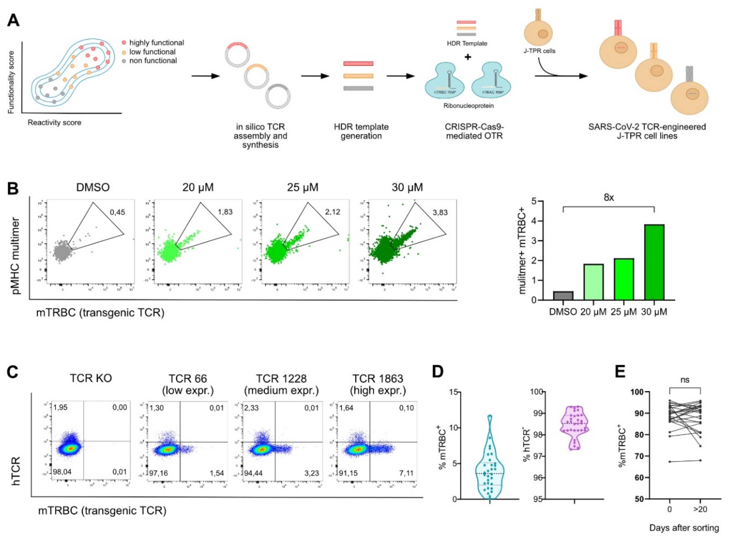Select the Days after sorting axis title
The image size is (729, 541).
click(x=684, y=528)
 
